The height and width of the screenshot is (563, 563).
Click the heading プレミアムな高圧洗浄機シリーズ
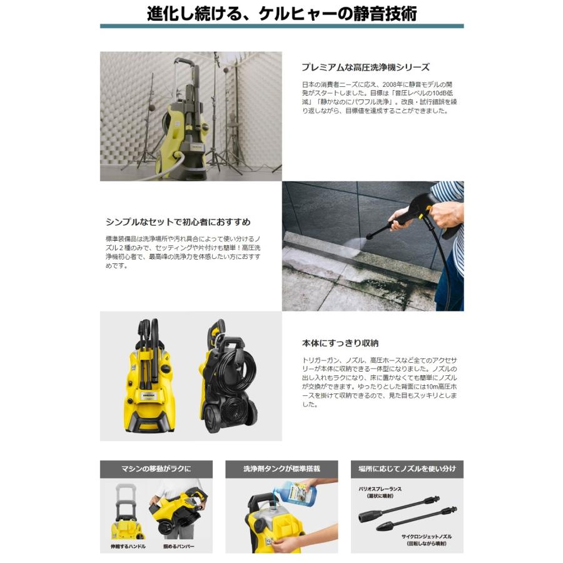pos(365,67)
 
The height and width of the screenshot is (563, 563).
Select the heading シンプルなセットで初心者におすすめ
pos(178,221)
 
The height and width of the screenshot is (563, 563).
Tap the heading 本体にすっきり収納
pos(340,343)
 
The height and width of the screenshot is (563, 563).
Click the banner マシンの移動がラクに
pos(156,469)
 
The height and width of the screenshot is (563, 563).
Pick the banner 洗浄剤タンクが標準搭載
pos(281,469)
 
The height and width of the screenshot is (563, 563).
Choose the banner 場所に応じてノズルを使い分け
pos(407,469)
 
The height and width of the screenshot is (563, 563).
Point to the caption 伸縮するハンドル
pos(123,547)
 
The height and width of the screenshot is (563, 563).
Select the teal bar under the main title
pos(281,26)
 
